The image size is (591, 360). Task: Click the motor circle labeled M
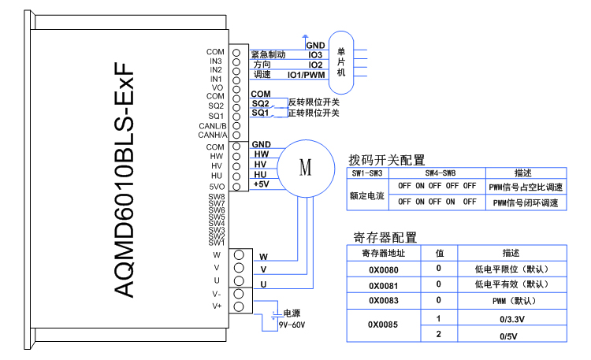[305, 168]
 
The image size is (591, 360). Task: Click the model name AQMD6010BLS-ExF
[123, 180]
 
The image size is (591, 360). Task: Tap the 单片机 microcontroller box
[341, 61]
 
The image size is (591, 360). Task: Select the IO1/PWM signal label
[306, 75]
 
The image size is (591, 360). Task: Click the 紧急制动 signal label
[268, 55]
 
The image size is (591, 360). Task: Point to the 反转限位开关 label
[314, 102]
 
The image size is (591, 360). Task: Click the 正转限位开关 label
[314, 113]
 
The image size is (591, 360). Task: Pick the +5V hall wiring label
[262, 184]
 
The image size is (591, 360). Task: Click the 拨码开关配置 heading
[386, 159]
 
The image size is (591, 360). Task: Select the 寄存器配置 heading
[385, 237]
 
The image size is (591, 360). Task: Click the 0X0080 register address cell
[383, 269]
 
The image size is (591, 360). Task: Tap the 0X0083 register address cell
[383, 301]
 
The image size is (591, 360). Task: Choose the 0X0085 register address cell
[383, 325]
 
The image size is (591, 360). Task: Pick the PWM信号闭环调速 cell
[526, 203]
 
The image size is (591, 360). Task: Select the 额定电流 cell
[367, 195]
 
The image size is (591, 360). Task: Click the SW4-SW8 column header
[437, 173]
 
